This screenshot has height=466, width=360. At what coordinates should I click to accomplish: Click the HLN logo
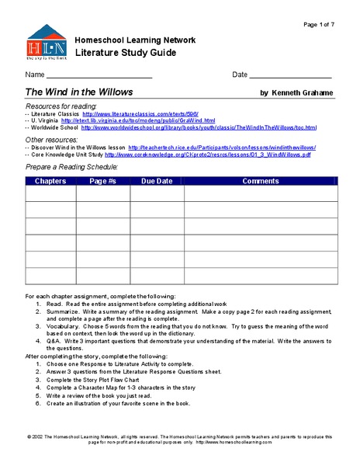[x=47, y=43]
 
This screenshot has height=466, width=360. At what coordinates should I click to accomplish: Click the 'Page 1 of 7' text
[x=320, y=25]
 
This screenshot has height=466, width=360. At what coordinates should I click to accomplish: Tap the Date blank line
[x=290, y=77]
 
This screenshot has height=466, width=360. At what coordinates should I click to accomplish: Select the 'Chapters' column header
[x=50, y=181]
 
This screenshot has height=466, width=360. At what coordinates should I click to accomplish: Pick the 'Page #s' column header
[x=102, y=181]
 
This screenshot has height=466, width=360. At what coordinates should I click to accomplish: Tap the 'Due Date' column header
[x=156, y=181]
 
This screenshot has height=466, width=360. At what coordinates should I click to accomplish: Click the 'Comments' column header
[x=260, y=181]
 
